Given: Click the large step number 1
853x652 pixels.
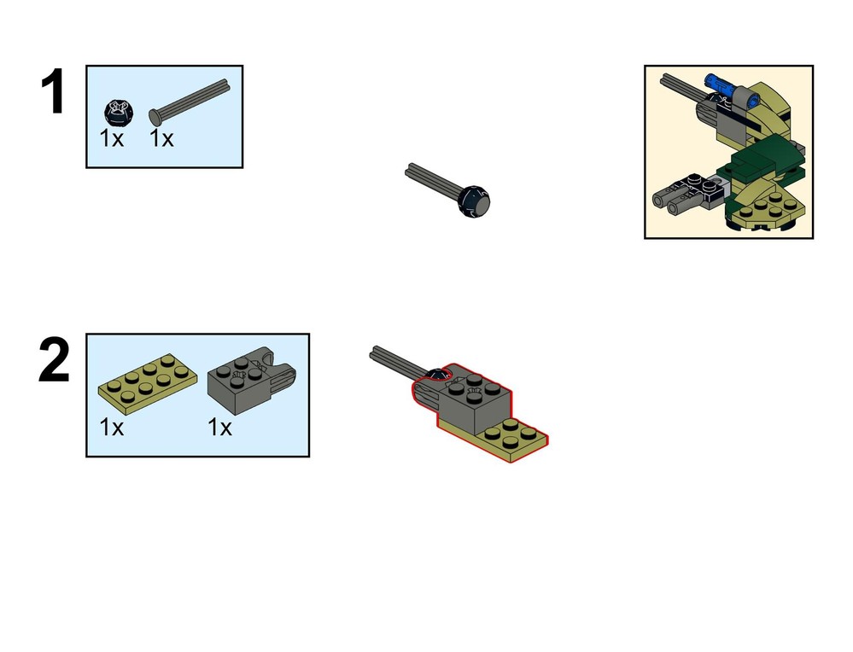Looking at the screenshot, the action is pos(53,91).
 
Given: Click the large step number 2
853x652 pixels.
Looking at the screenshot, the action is pos(55,359).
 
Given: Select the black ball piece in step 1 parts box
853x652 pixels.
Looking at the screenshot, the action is pos(115,112).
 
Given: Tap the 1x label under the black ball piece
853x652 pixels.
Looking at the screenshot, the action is pos(112,138).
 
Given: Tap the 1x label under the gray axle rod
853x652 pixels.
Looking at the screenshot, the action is pos(161,138).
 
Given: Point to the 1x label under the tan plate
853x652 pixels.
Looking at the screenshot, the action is pos(112,428).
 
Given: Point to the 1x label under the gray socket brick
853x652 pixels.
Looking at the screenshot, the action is pos(219,428).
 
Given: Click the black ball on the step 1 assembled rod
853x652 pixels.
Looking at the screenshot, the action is pos(474,201).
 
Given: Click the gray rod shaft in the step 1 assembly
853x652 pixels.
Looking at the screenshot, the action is pos(434,180).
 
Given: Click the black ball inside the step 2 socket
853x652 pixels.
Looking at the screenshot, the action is pos(437,374).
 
